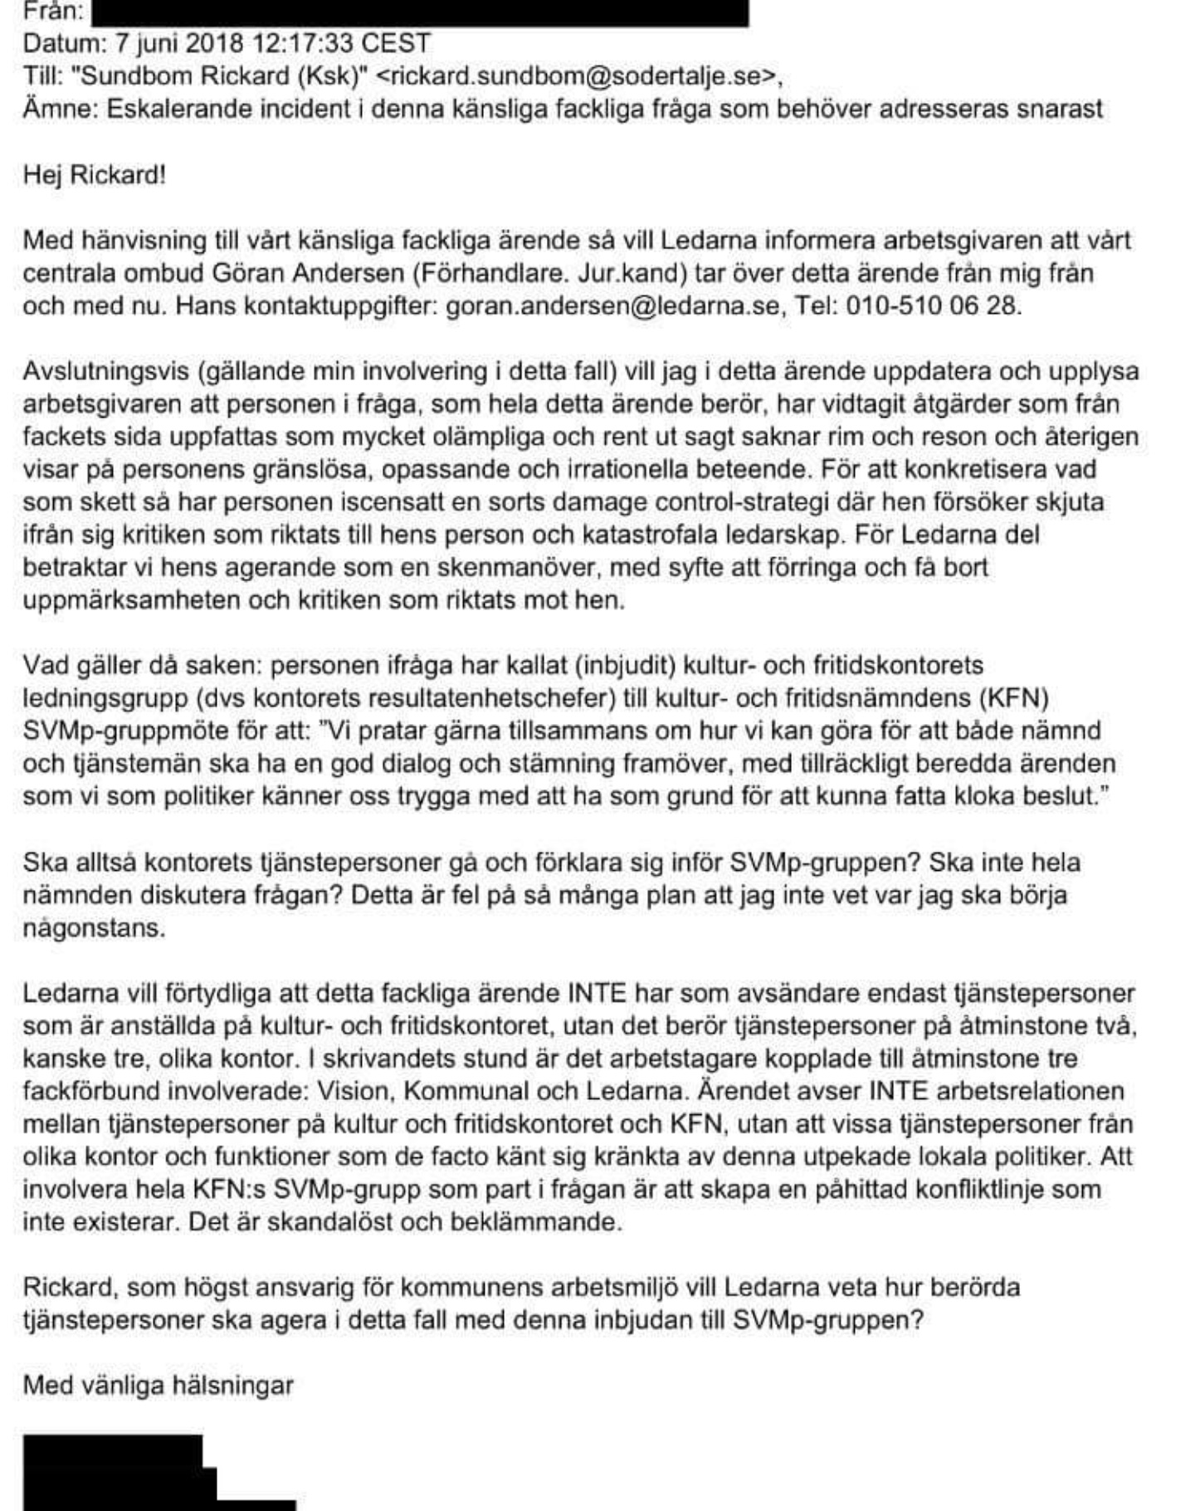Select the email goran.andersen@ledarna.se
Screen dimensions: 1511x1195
[x=613, y=306]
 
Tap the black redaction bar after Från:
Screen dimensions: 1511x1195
[x=419, y=12]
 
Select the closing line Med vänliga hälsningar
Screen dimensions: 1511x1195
[x=158, y=1385]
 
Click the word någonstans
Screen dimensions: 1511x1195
[x=94, y=927]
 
